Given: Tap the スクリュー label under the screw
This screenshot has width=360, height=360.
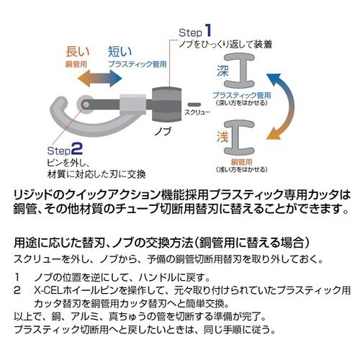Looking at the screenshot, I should click(x=196, y=114).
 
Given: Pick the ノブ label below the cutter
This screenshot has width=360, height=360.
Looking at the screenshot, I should click(x=163, y=133).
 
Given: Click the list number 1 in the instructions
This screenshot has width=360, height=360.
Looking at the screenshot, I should click(x=16, y=276).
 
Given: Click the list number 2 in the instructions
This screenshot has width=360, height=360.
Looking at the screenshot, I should click(x=16, y=288).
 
